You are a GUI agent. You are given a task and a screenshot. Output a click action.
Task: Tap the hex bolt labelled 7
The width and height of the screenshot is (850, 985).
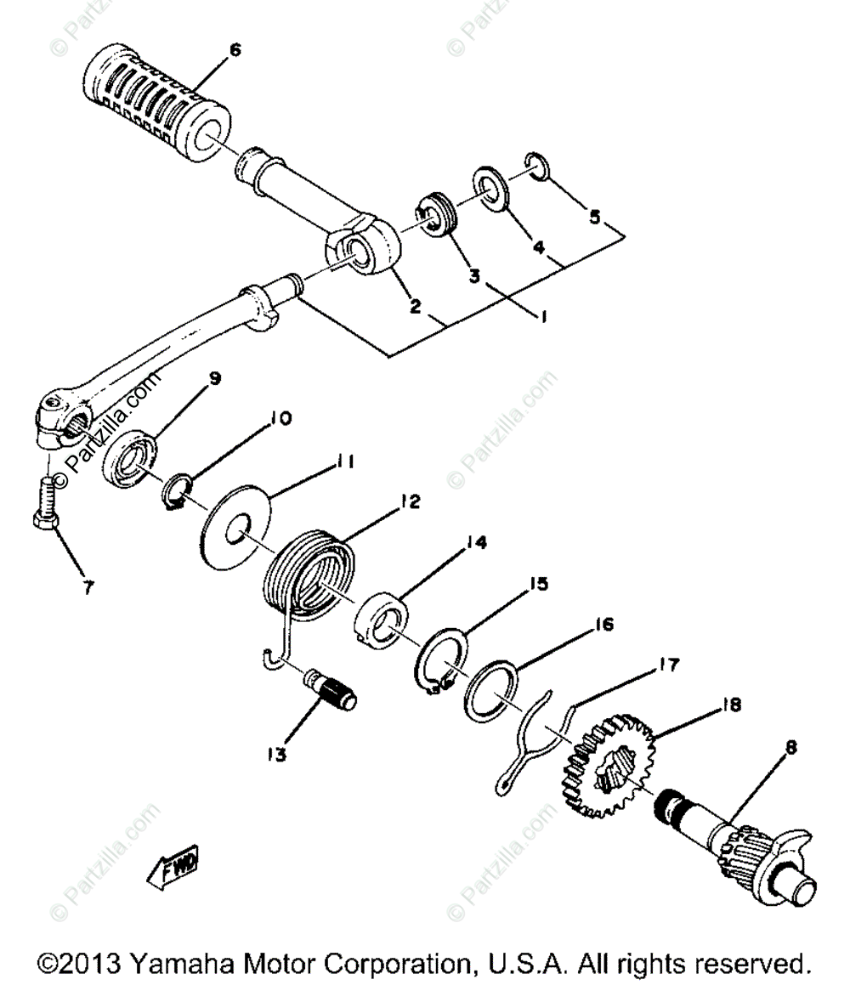48,509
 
